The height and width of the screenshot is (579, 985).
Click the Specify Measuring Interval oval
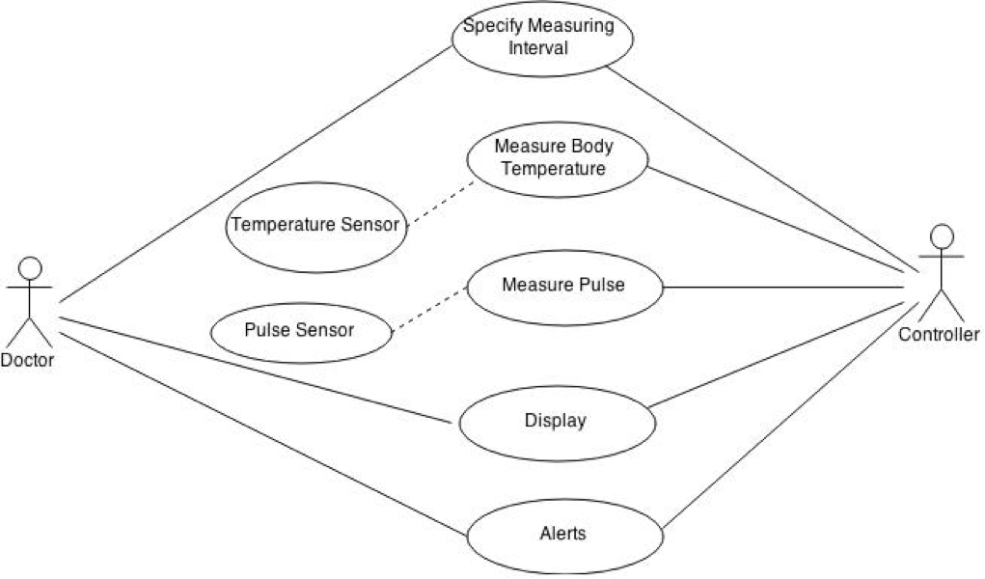(541, 39)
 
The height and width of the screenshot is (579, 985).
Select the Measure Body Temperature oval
(557, 158)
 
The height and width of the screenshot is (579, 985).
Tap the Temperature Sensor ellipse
(315, 226)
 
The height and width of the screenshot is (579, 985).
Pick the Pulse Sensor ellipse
(300, 330)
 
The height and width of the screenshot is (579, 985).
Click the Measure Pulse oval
(565, 287)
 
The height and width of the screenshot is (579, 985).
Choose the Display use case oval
(556, 422)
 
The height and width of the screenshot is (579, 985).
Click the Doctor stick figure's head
(32, 267)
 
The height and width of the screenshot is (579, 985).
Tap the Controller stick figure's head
(942, 235)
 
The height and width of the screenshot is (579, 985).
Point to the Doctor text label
(27, 360)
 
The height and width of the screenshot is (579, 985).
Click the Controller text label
(938, 335)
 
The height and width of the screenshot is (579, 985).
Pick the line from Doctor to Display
(256, 370)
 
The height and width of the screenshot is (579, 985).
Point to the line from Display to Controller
(782, 354)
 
